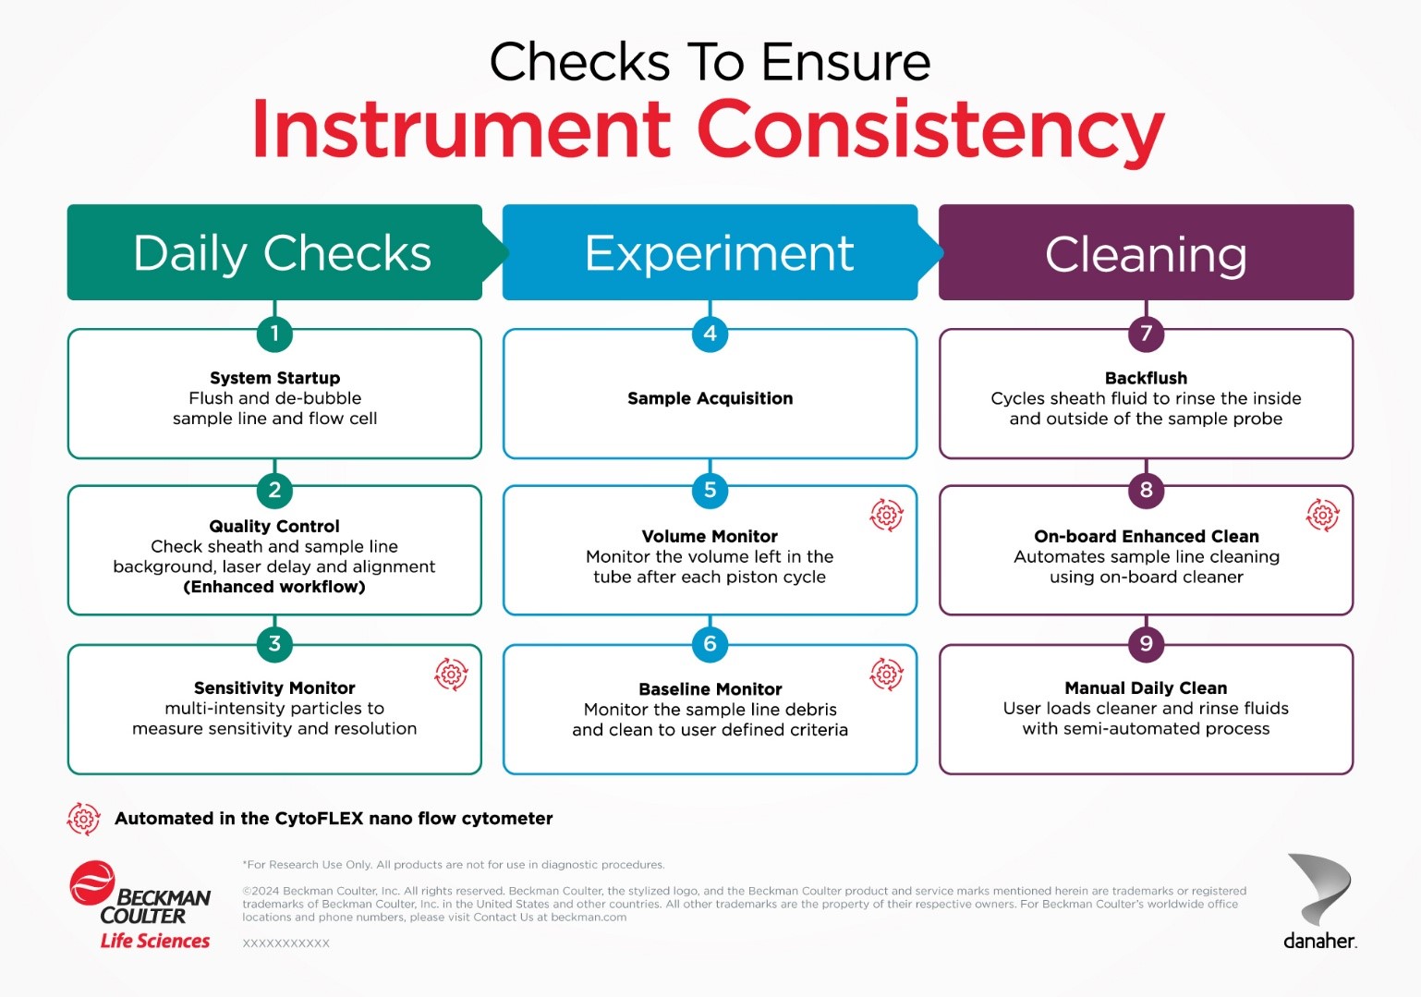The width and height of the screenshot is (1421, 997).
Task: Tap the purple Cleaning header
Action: [x=1146, y=252]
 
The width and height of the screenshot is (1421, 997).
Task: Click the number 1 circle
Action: [x=274, y=334]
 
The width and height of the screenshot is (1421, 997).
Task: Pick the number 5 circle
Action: [x=710, y=491]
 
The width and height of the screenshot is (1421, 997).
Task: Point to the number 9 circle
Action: [x=1146, y=644]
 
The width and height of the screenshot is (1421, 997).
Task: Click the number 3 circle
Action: [x=274, y=644]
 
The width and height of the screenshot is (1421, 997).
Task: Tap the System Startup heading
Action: [x=274, y=378]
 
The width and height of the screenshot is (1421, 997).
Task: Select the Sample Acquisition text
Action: [x=710, y=398]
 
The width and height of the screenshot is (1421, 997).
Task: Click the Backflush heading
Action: [x=1146, y=378]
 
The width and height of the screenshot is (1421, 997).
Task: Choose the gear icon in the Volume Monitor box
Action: [x=886, y=515]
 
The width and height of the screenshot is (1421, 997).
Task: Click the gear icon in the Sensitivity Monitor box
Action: [x=451, y=674]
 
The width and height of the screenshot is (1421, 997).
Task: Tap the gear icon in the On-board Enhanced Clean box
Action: [x=1323, y=515]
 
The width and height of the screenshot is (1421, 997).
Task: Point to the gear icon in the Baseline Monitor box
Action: [x=886, y=674]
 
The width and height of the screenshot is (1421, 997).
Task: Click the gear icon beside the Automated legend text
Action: [x=83, y=819]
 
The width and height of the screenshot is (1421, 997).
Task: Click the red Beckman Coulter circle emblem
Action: [x=92, y=882]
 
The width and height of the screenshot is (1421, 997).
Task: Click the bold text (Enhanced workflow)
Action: [x=274, y=587]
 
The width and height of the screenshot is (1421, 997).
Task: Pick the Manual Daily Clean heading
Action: [x=1146, y=688]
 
